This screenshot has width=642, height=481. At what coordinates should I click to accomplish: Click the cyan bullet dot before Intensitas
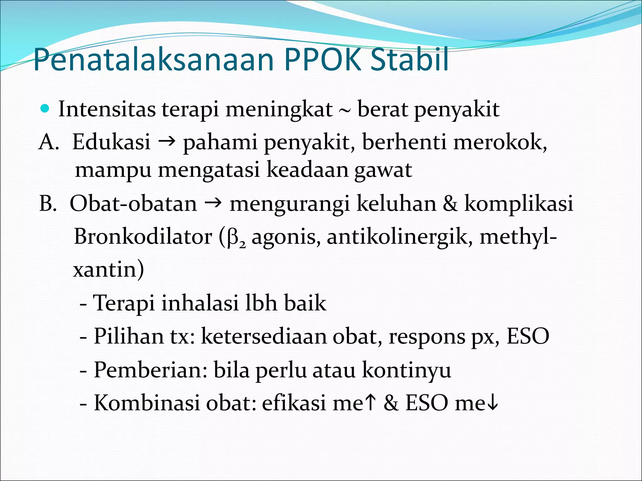[x=45, y=109]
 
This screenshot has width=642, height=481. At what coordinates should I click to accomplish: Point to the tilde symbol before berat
[x=345, y=111]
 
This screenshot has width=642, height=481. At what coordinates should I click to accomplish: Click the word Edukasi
[x=111, y=142]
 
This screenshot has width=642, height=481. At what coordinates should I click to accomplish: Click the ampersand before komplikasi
[x=450, y=204]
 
